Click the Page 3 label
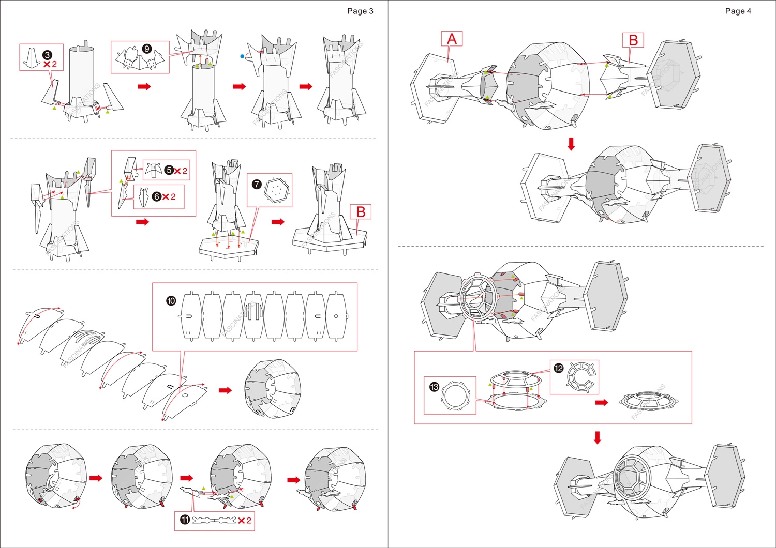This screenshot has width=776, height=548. [360, 11]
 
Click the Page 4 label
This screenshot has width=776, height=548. [738, 11]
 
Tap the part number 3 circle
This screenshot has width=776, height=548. [47, 55]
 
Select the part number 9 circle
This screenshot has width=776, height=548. [147, 49]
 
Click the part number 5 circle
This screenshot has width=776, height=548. [169, 170]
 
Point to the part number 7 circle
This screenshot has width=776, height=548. [257, 184]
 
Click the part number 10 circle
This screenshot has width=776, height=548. [171, 301]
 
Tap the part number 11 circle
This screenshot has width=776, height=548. [185, 520]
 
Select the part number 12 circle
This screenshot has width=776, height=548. [558, 368]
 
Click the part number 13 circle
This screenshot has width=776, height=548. [434, 387]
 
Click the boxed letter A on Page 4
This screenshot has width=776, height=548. [452, 39]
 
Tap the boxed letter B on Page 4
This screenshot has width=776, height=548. [633, 40]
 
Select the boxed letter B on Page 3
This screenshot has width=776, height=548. [361, 212]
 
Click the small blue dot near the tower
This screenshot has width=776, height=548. [242, 56]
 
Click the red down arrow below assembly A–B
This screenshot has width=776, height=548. [571, 144]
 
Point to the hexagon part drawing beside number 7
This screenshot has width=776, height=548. [277, 191]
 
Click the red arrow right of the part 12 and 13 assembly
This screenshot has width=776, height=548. [602, 402]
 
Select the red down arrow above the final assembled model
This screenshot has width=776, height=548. [598, 437]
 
